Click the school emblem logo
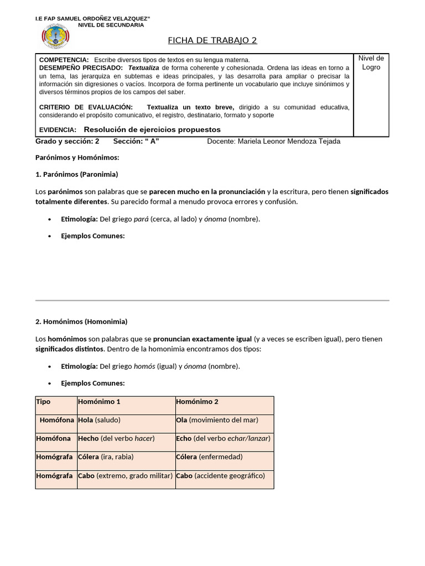click(55, 37)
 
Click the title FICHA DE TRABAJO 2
click(212, 40)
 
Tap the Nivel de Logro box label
click(371, 62)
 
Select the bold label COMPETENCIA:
click(64, 59)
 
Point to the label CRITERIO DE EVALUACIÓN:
click(86, 107)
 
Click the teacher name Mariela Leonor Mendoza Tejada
click(289, 141)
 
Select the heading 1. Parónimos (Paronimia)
click(77, 174)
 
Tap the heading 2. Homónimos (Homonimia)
click(81, 321)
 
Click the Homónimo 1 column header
click(99, 402)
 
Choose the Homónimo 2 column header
click(197, 402)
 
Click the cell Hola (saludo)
click(99, 420)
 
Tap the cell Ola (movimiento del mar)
click(217, 420)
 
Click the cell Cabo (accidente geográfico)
click(220, 476)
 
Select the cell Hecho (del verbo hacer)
click(116, 438)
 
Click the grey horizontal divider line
click(212, 300)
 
